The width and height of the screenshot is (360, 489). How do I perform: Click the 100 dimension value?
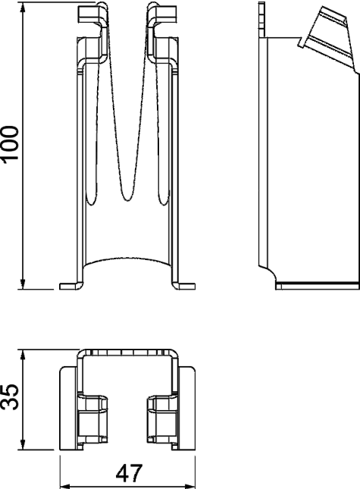10,144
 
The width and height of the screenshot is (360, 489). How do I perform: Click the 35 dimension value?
10,397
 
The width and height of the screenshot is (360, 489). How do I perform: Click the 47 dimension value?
129,473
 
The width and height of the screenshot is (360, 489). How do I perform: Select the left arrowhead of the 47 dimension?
65,486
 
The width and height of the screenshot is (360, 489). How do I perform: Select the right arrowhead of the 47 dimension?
189,486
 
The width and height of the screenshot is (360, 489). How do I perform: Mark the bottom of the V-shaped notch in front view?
127,199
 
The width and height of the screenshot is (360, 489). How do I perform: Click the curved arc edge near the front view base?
127,259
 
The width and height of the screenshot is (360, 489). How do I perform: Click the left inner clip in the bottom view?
92,418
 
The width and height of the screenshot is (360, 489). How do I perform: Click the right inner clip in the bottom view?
163,418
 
